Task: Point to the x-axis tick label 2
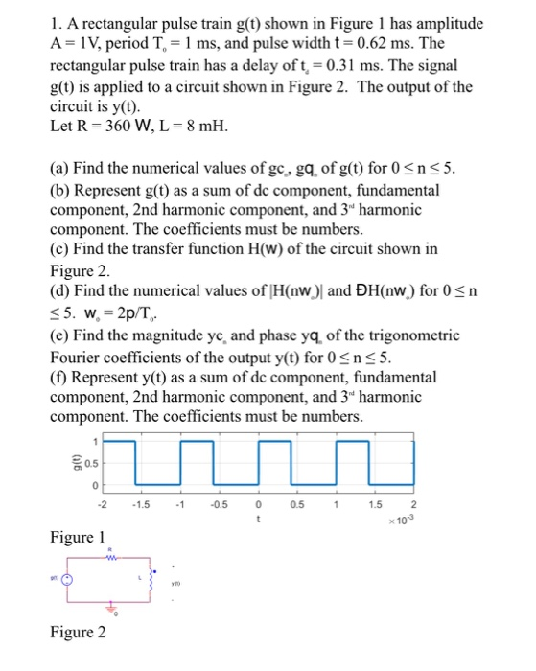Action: coord(415,506)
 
